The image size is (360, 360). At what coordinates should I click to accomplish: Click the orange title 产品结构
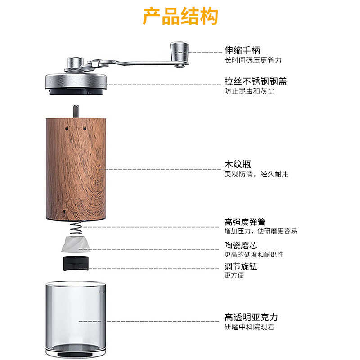(180, 16)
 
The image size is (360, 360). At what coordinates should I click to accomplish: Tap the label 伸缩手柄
(242, 50)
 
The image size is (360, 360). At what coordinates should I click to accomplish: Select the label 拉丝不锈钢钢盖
(256, 82)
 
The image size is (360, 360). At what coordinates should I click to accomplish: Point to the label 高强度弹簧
(245, 222)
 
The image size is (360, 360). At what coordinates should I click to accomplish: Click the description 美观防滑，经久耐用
(256, 174)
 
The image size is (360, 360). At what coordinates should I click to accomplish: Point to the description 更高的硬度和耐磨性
(254, 255)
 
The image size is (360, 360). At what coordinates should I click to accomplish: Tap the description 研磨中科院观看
(249, 327)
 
